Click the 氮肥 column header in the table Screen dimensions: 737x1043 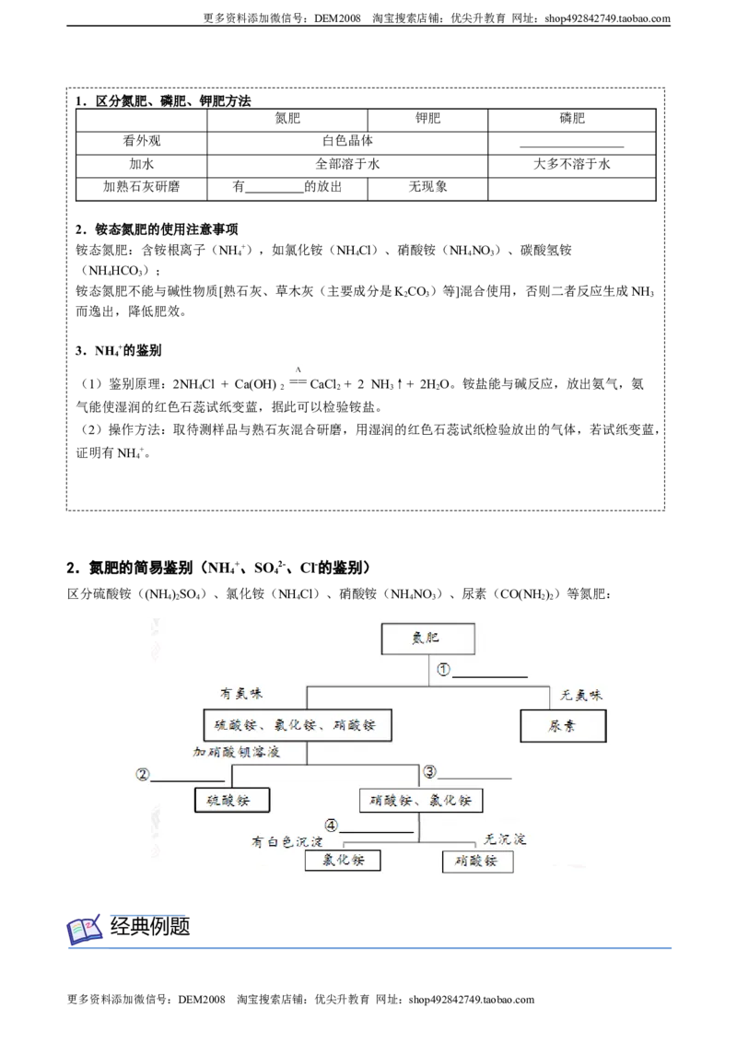pos(287,119)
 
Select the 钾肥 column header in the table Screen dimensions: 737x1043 pos(427,119)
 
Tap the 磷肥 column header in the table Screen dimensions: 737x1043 pos(571,119)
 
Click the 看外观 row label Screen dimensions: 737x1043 pos(142,141)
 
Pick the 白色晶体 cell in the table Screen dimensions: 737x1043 pos(347,141)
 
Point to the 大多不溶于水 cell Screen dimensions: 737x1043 pos(571,164)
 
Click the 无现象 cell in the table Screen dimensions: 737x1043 pos(427,187)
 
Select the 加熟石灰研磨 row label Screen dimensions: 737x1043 pos(142,187)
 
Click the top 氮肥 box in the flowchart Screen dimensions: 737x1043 pos(427,639)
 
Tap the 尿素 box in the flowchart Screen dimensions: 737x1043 pos(564,726)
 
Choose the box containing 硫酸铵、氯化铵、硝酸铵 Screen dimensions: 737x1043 pos(298,725)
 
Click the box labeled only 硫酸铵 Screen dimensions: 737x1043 pos(232,800)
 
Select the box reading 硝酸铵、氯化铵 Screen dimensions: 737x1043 pos(420,800)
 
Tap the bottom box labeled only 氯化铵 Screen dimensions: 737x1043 pos(344,860)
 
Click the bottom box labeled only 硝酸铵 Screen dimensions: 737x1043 pos(477,861)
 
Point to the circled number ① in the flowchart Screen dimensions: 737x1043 pos(444,669)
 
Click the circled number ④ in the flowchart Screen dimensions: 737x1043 pos(331,826)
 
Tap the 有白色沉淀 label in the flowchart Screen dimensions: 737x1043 pos(287,842)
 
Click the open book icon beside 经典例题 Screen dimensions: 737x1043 pos(85,930)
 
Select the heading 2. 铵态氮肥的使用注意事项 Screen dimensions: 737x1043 pos(157,229)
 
